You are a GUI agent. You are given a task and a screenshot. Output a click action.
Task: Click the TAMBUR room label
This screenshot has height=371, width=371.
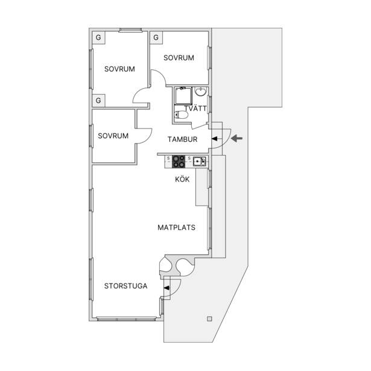click(182, 139)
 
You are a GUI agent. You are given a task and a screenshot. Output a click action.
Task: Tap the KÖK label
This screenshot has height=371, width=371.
click(182, 179)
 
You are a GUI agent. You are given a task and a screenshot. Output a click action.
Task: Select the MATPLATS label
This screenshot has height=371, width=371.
click(177, 227)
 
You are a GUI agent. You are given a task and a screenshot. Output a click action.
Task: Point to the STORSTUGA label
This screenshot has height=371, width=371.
click(125, 286)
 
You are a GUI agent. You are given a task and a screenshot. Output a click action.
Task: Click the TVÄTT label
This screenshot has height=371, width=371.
click(195, 109)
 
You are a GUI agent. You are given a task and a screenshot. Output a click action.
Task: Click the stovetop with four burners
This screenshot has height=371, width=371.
click(179, 162)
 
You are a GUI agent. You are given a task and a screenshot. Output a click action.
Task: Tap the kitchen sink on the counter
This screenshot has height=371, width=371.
click(200, 161)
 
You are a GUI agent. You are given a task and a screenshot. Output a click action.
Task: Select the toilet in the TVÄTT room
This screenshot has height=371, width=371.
click(181, 115)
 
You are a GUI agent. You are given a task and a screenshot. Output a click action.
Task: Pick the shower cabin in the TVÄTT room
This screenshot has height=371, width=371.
click(183, 96)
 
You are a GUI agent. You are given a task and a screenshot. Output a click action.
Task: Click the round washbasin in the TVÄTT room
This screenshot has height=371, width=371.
click(201, 92)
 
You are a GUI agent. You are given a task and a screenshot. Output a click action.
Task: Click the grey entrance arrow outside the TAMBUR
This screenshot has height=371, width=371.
click(236, 138)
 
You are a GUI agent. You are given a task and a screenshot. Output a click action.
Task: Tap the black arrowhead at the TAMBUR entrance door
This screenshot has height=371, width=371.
click(214, 139)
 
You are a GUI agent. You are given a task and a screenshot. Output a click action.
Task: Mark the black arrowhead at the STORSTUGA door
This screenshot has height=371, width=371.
click(167, 288)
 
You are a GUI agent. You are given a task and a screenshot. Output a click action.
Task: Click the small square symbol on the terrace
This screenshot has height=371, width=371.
click(209, 319)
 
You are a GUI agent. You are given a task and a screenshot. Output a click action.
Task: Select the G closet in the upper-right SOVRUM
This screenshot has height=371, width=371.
click(156, 37)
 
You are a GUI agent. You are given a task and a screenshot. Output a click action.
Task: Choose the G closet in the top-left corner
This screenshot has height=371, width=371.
click(98, 37)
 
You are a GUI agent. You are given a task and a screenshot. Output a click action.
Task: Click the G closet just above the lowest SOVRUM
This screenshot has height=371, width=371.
click(98, 101)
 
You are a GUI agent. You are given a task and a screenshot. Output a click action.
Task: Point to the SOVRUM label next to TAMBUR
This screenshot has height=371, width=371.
click(113, 136)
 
